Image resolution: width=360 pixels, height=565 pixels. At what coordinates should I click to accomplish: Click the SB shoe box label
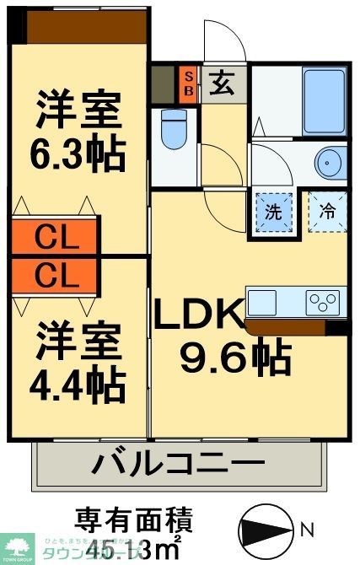(188, 83)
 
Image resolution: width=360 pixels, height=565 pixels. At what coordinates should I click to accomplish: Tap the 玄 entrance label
(223, 83)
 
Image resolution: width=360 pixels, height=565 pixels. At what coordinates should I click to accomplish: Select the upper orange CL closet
(56, 237)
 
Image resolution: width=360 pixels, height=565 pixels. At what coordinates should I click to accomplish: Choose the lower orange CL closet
(56, 275)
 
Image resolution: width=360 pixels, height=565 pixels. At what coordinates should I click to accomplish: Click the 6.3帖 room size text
(79, 154)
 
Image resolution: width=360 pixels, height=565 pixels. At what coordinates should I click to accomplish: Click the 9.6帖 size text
(236, 358)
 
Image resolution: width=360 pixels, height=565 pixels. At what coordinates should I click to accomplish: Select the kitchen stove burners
(323, 300)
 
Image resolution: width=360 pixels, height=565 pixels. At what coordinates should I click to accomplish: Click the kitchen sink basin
(262, 300)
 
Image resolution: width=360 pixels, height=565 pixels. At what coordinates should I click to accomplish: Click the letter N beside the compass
(308, 530)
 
